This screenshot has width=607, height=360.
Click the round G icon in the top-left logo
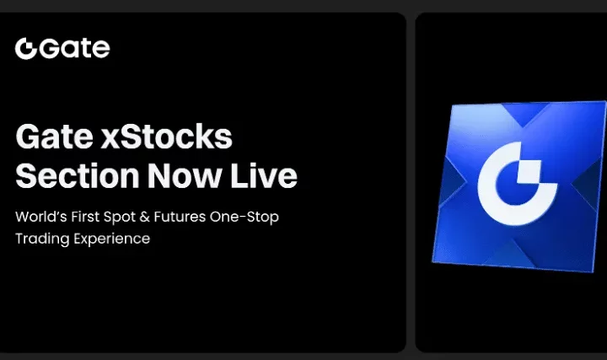pyautogui.click(x=26, y=48)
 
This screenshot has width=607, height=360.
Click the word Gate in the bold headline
pyautogui.click(x=55, y=137)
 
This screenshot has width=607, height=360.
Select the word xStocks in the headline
pyautogui.click(x=166, y=137)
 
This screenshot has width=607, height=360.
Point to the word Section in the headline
pyautogui.click(x=78, y=175)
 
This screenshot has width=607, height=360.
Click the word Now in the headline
pyautogui.click(x=185, y=175)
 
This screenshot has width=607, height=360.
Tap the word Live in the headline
pyautogui.click(x=264, y=175)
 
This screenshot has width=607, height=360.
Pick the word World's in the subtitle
pyautogui.click(x=41, y=217)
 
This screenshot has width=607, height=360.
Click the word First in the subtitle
pyautogui.click(x=85, y=217)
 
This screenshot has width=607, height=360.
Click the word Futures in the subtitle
pyautogui.click(x=180, y=217)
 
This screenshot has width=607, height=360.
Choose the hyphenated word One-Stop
pyautogui.click(x=244, y=218)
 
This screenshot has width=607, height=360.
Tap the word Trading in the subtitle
pyautogui.click(x=42, y=239)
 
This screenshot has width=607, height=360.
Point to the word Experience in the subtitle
pyautogui.click(x=111, y=239)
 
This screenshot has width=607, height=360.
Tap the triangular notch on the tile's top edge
pyautogui.click(x=523, y=115)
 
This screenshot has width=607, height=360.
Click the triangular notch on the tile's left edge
pyautogui.click(x=452, y=182)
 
